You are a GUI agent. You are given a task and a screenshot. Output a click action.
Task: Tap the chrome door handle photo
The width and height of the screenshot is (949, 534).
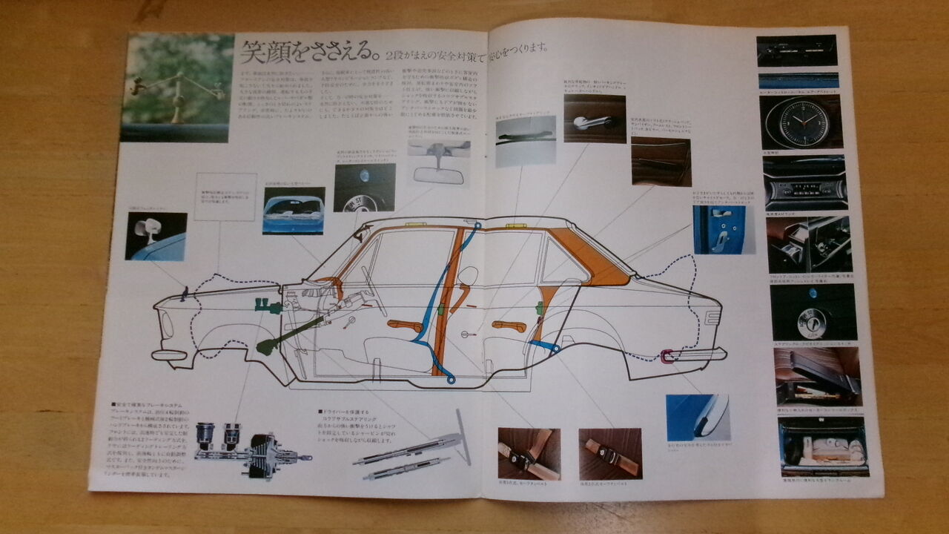pos(594,119)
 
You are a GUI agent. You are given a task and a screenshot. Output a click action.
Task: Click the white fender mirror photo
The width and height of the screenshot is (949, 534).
pos(156,236)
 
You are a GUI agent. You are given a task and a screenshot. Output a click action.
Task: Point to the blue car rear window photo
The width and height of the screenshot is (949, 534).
pos(294,210)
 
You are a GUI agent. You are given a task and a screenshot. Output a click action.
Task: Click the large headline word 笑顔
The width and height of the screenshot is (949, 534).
pos(266,53)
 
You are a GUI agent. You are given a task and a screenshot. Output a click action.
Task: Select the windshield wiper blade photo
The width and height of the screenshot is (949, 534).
pos(526,140)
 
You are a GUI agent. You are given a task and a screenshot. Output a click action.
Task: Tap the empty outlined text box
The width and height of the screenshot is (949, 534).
pos(225,197)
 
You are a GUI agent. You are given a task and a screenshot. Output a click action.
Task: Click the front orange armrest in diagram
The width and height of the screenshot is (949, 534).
pos(405,325)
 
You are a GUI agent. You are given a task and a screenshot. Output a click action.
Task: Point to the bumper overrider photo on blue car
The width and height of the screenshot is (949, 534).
pos(698,418)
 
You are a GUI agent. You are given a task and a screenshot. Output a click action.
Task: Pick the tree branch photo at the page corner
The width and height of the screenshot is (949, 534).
pos(176,87)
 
